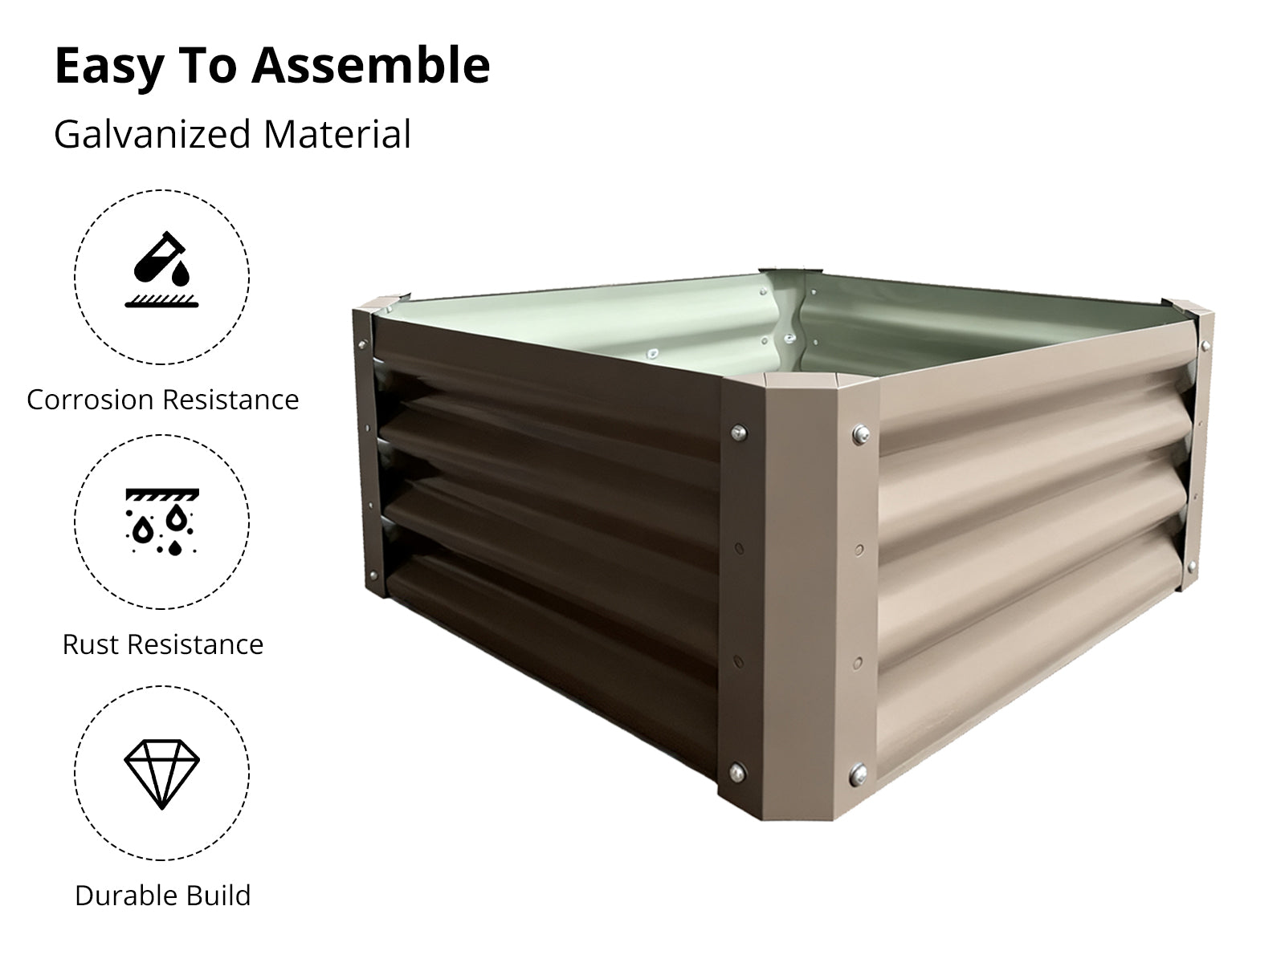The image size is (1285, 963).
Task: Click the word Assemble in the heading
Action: click(x=370, y=65)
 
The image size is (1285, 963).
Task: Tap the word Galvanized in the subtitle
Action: click(x=153, y=135)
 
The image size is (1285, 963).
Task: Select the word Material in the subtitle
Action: click(x=337, y=134)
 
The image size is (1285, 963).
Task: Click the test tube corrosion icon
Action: click(x=161, y=270)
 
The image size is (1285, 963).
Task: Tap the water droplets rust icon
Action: click(x=162, y=522)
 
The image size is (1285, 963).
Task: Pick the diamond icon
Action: click(x=161, y=774)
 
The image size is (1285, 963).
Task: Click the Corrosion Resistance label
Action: click(x=163, y=400)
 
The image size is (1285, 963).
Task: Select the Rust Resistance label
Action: click(x=163, y=644)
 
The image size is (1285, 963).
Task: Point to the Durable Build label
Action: click(x=163, y=895)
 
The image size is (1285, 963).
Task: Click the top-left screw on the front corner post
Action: click(x=739, y=433)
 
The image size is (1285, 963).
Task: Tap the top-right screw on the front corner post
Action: click(x=861, y=434)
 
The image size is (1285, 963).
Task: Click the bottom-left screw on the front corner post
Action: click(x=737, y=772)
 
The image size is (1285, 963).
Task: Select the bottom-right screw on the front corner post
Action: click(x=859, y=775)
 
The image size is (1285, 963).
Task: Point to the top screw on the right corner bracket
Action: click(x=1205, y=346)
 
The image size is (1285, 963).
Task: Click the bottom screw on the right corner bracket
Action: click(x=1191, y=566)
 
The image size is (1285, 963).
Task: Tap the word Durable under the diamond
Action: click(x=120, y=895)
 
